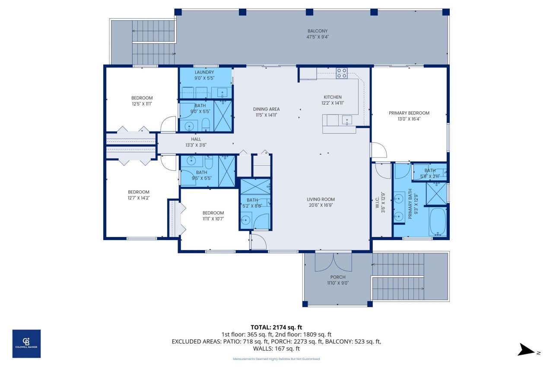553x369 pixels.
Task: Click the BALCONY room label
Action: (x=318, y=31)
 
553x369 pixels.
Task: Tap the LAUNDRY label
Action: (x=204, y=72)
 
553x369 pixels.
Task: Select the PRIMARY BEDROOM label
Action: (x=409, y=113)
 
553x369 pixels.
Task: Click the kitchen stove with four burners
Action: (x=342, y=73)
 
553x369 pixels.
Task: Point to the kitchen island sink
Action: (x=346, y=120)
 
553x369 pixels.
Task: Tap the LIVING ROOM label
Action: (x=321, y=199)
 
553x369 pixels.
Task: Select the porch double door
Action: (x=333, y=262)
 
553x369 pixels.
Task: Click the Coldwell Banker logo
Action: (x=26, y=343)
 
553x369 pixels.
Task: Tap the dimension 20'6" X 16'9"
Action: (x=321, y=205)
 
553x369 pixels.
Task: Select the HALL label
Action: (x=197, y=139)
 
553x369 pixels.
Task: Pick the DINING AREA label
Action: (x=266, y=109)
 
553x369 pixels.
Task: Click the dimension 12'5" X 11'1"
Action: (x=142, y=104)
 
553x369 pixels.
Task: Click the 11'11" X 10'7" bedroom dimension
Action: (x=213, y=219)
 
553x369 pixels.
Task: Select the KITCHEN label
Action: (x=333, y=97)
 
